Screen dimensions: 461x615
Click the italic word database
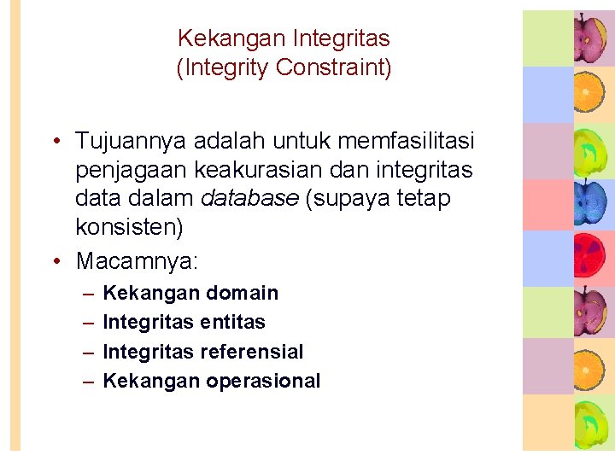tap(249, 199)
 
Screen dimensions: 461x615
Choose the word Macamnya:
tap(131, 260)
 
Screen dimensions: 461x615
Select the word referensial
tap(252, 352)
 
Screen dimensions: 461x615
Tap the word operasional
tap(263, 381)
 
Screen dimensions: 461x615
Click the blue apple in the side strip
tap(589, 201)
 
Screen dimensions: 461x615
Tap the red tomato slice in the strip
tap(589, 255)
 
